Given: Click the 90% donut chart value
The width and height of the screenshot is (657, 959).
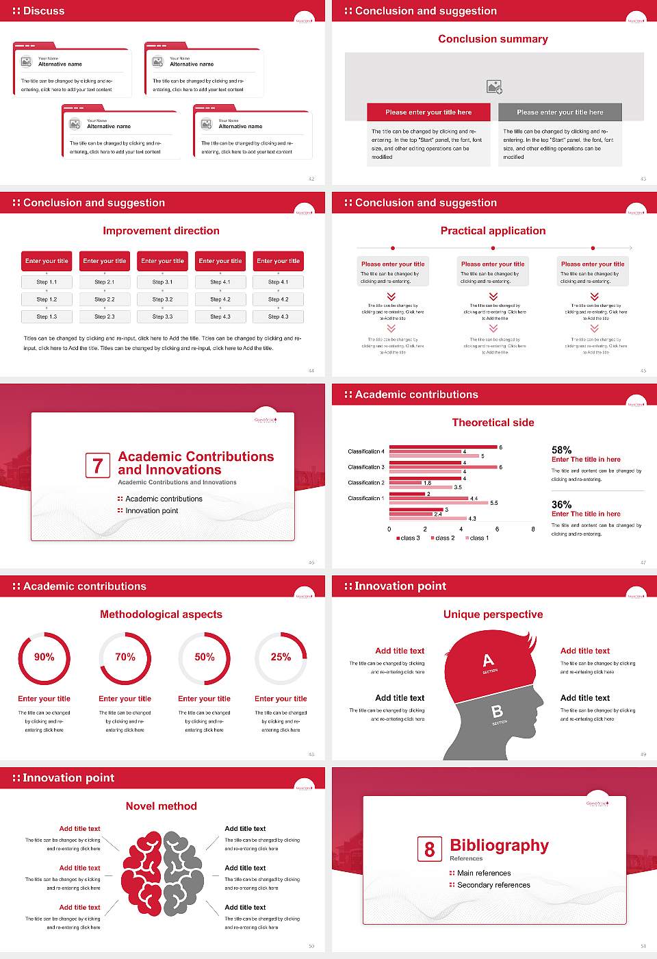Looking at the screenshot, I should [x=44, y=657].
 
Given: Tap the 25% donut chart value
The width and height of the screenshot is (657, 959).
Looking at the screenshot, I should [x=281, y=657].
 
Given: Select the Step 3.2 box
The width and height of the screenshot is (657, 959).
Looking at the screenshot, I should [x=162, y=299].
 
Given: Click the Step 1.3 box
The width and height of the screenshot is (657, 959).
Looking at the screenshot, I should [x=47, y=316].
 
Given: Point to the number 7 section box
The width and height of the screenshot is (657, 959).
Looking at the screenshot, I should [x=98, y=466].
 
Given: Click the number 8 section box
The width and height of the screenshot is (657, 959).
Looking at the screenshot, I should [x=429, y=849].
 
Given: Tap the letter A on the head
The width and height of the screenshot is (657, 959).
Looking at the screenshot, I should [x=488, y=660].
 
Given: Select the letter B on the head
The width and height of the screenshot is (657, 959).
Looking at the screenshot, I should [x=498, y=712].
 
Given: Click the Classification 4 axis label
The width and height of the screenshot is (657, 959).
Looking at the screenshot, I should [x=366, y=451].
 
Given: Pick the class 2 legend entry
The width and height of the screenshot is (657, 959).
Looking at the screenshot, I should [x=443, y=538].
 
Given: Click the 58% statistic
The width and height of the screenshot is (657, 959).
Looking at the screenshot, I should [x=561, y=450].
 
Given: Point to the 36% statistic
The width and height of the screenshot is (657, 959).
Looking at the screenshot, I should [x=561, y=504].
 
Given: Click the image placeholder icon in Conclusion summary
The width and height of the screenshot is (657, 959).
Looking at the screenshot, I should [x=494, y=87].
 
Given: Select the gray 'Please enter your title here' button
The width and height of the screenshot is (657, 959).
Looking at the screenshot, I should [x=560, y=112].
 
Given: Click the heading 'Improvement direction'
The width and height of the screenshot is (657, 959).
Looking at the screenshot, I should [x=162, y=231].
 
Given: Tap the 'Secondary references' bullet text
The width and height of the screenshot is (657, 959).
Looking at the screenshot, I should [x=493, y=885].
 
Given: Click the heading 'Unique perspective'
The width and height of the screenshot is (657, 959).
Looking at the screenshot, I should [x=493, y=614].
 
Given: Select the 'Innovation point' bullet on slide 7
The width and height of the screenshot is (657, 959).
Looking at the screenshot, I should [x=151, y=510].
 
